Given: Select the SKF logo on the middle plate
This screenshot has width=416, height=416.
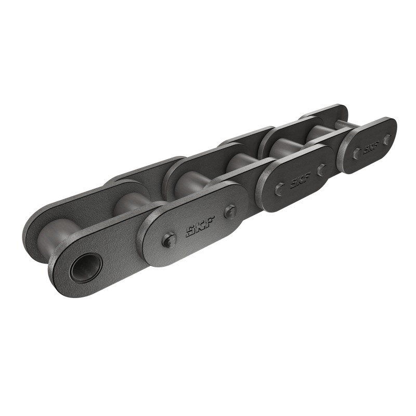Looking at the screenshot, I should [x=297, y=180].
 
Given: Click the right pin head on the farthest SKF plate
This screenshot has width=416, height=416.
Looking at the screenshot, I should [x=387, y=138].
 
